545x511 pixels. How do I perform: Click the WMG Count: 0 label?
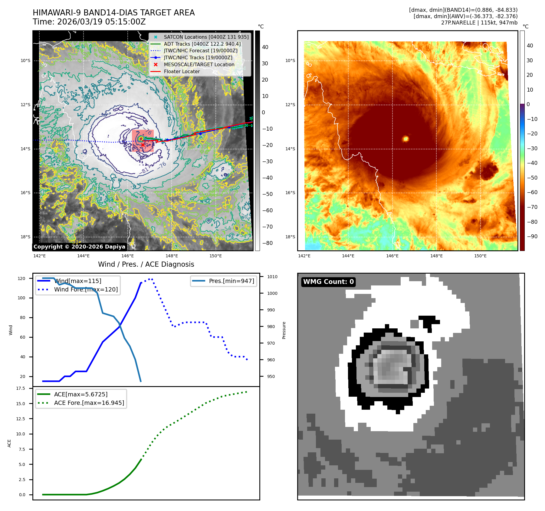pos(328,282)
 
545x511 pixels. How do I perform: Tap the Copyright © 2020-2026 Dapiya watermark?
pos(79,247)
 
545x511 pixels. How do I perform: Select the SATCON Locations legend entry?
pos(206,37)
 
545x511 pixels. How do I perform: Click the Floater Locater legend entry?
pos(182,72)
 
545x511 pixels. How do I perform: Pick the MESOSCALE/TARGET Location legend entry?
pos(199,65)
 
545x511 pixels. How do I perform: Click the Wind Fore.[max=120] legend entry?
pos(86,289)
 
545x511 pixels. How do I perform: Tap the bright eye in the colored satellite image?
pos(405,139)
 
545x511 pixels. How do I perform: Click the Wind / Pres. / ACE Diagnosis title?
pos(146,264)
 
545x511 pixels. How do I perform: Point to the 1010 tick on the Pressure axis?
pos(272,277)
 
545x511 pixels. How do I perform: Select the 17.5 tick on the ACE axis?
pos(21,388)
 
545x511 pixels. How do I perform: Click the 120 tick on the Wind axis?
pos(21,278)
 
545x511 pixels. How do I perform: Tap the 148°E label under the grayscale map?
pos(172,256)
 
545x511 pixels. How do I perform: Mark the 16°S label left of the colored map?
pos(290,193)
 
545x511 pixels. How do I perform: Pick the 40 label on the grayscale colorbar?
pos(265,47)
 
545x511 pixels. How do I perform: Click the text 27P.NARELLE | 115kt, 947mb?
pos(479,23)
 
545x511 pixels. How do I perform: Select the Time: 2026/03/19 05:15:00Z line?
pos(89,22)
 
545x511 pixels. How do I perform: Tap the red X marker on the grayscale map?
pos(143,145)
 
